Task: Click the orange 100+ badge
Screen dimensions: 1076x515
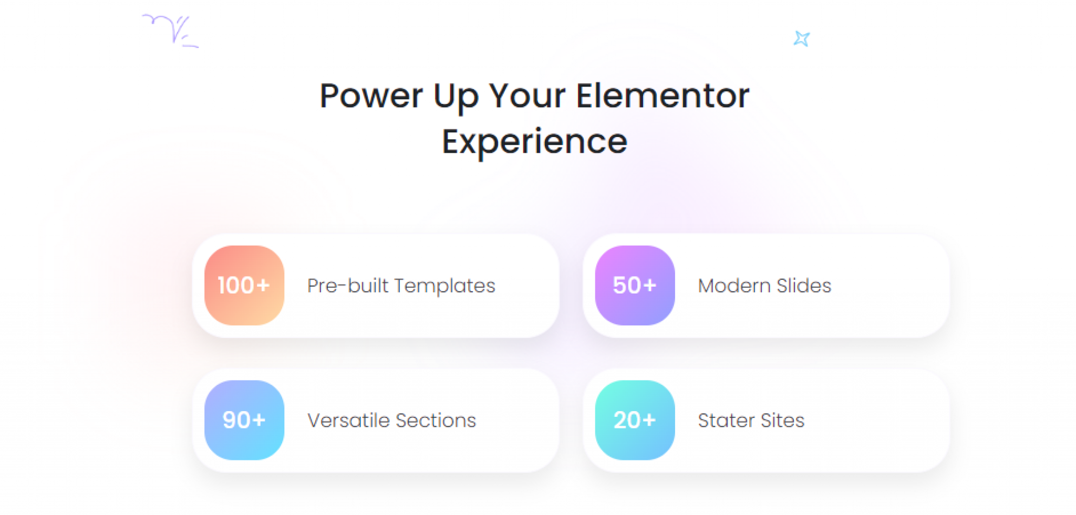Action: (244, 285)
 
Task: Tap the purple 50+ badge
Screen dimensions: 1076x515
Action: (635, 285)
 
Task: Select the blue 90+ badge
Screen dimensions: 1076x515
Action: (244, 420)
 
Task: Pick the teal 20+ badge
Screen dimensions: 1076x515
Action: (635, 420)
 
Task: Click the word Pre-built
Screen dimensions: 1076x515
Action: (348, 286)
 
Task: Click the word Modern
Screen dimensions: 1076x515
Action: (734, 286)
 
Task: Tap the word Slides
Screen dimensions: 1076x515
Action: (804, 286)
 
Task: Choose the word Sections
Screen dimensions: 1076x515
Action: (436, 421)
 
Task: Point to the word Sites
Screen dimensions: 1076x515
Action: (783, 421)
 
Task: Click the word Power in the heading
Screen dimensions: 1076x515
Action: (371, 96)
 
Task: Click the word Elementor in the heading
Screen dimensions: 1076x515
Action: (663, 96)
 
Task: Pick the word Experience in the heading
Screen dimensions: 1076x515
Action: (535, 143)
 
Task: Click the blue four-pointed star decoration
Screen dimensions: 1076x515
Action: (802, 39)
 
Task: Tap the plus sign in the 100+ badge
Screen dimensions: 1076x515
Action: (263, 285)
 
